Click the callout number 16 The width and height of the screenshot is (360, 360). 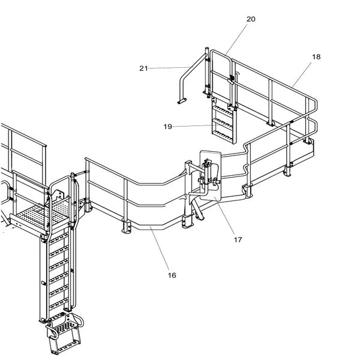pos(172,275)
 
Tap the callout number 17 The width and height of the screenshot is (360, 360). pos(238,239)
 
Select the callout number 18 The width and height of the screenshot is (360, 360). pos(316,57)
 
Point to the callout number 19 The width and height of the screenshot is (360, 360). pos(168,127)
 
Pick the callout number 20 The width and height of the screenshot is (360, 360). pos(251,19)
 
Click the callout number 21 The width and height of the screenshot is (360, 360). pos(144,68)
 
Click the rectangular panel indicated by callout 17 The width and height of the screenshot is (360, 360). pos(211,175)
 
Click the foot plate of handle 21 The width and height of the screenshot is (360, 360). pos(182,101)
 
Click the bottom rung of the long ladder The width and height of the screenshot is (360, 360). pos(59,304)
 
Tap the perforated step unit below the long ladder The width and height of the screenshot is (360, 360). pos(65,333)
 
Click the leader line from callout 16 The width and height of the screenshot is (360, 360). pos(160,248)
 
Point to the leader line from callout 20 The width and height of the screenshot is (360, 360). pos(236,39)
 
